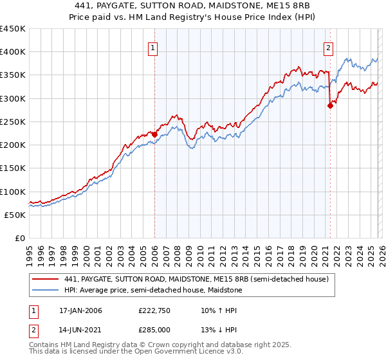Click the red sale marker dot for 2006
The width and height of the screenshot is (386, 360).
pyautogui.click(x=154, y=134)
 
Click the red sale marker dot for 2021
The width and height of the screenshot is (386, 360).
pyautogui.click(x=330, y=106)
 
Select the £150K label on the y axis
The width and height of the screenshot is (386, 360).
pyautogui.click(x=13, y=168)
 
